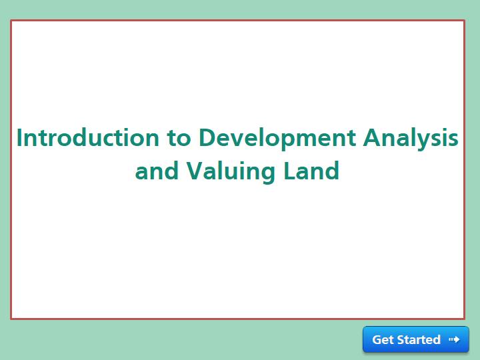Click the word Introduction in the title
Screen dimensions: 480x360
tap(88, 137)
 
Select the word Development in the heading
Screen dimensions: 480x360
tap(277, 139)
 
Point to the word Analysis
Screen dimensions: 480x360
tap(411, 139)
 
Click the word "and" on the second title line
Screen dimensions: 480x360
tap(157, 171)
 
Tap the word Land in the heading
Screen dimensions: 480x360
tap(311, 171)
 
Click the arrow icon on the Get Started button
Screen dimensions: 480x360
tap(454, 339)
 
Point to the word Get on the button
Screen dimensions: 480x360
tap(383, 340)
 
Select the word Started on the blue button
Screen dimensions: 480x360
tap(419, 340)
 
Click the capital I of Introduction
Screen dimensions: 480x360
tap(19, 138)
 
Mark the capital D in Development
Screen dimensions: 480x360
tap(207, 138)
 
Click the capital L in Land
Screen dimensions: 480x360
tap(289, 171)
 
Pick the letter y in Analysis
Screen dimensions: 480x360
tap(425, 142)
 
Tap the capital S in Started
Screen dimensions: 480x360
tap(401, 340)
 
